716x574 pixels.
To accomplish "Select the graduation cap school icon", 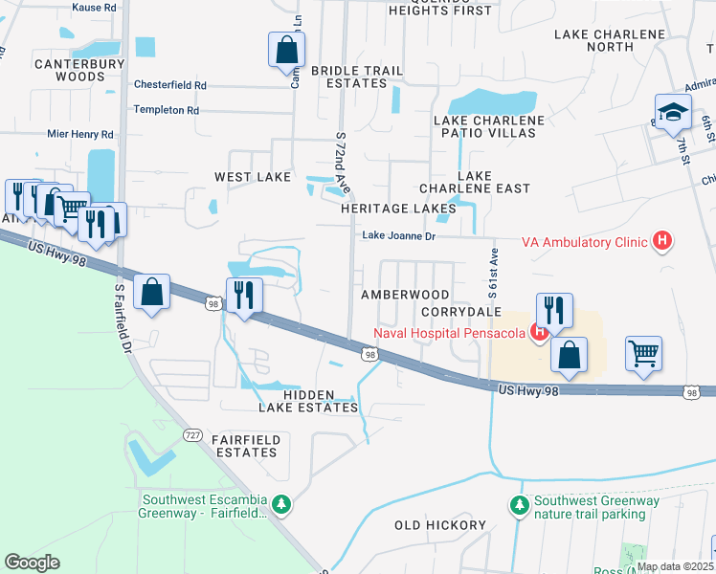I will [x=673, y=113].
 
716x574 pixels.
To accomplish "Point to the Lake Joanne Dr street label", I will [x=398, y=236].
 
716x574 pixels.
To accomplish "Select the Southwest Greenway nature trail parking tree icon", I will [x=520, y=504].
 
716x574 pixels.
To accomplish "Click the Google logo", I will [x=32, y=562].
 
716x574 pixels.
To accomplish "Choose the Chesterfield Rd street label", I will [x=170, y=84].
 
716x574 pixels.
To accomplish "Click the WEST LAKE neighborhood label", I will [x=246, y=177].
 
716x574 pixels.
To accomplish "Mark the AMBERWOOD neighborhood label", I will [x=404, y=295].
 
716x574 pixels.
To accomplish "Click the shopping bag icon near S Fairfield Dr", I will [x=152, y=292].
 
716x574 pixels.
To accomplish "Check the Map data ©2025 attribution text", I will [x=673, y=566].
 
